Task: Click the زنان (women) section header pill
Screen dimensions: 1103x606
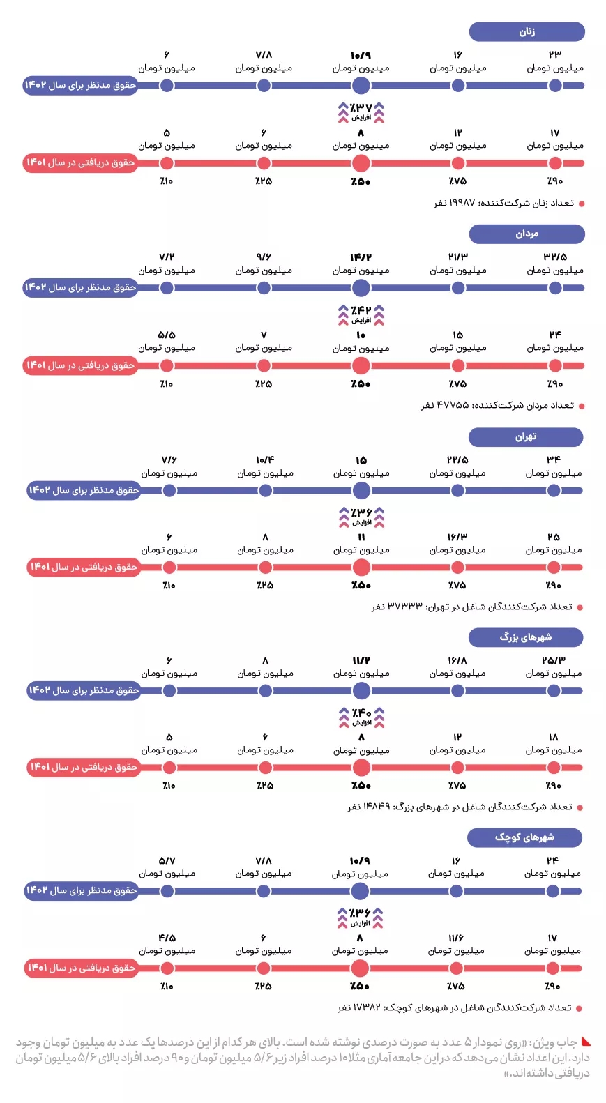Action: [527, 31]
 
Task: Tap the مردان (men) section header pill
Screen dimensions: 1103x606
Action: [527, 234]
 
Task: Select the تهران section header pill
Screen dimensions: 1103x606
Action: [525, 436]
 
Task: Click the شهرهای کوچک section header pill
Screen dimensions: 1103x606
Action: [524, 837]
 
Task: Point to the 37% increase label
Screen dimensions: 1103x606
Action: [361, 111]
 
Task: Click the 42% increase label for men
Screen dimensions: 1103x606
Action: [361, 314]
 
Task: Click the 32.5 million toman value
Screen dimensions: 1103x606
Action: [555, 257]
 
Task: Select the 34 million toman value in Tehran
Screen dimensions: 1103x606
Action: [554, 460]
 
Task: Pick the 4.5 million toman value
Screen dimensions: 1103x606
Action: [167, 938]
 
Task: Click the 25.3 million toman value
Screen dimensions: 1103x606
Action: [554, 660]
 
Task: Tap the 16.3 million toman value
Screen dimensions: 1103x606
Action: [457, 537]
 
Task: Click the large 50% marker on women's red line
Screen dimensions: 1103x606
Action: [361, 163]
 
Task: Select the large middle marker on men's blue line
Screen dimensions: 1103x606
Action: [361, 287]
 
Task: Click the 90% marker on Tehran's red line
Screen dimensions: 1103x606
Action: [554, 567]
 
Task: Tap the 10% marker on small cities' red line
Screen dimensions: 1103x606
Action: [167, 968]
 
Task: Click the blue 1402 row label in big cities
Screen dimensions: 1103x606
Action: [83, 690]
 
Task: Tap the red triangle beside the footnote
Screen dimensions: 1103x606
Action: [586, 1042]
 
